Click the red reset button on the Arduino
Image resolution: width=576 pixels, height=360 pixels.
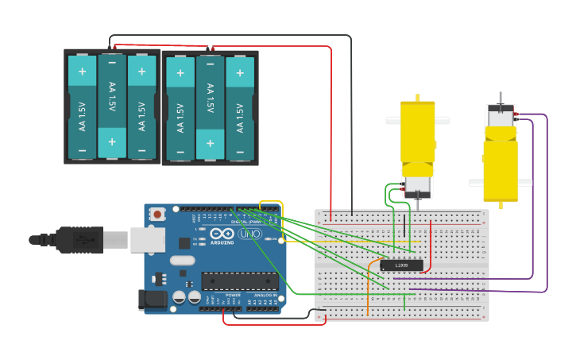pos(157,214)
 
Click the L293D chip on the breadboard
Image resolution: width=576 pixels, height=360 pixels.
pos(401,265)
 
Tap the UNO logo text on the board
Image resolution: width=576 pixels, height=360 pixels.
pos(249,234)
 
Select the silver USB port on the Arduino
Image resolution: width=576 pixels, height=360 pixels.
pos(147,239)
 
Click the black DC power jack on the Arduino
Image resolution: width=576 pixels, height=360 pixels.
pos(152,300)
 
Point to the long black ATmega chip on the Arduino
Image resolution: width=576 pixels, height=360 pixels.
pos(239,281)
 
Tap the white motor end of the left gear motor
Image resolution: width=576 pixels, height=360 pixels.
pos(417,187)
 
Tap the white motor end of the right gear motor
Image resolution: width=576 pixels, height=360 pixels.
pos(501,118)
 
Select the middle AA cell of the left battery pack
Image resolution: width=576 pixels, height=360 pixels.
pos(112,106)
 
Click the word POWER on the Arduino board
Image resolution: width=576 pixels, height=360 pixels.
pos(233,295)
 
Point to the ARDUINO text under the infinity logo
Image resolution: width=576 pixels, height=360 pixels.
pos(223,242)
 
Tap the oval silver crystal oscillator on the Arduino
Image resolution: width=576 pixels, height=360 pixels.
pos(182,260)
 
